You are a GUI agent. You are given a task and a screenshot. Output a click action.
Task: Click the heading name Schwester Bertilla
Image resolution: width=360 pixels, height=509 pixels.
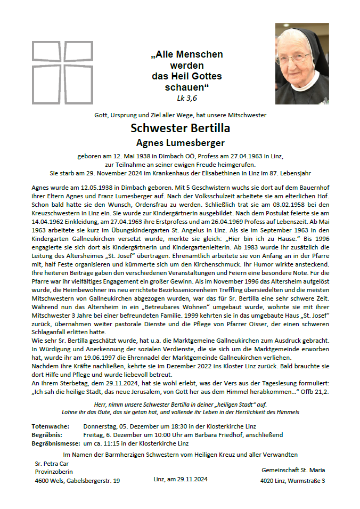coord(180,128)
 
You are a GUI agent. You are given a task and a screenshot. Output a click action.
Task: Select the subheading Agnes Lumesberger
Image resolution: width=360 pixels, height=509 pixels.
coord(180,143)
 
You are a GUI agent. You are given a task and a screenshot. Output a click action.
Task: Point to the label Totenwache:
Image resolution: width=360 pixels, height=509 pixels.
coord(51,426)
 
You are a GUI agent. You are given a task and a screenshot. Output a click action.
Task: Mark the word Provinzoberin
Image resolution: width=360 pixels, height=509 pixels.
coord(53,472)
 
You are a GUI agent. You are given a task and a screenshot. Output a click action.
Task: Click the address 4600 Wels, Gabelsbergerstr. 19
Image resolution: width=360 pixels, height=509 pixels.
coord(77,481)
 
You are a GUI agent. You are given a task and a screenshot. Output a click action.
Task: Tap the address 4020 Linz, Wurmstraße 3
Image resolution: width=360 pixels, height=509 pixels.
coord(292,481)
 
